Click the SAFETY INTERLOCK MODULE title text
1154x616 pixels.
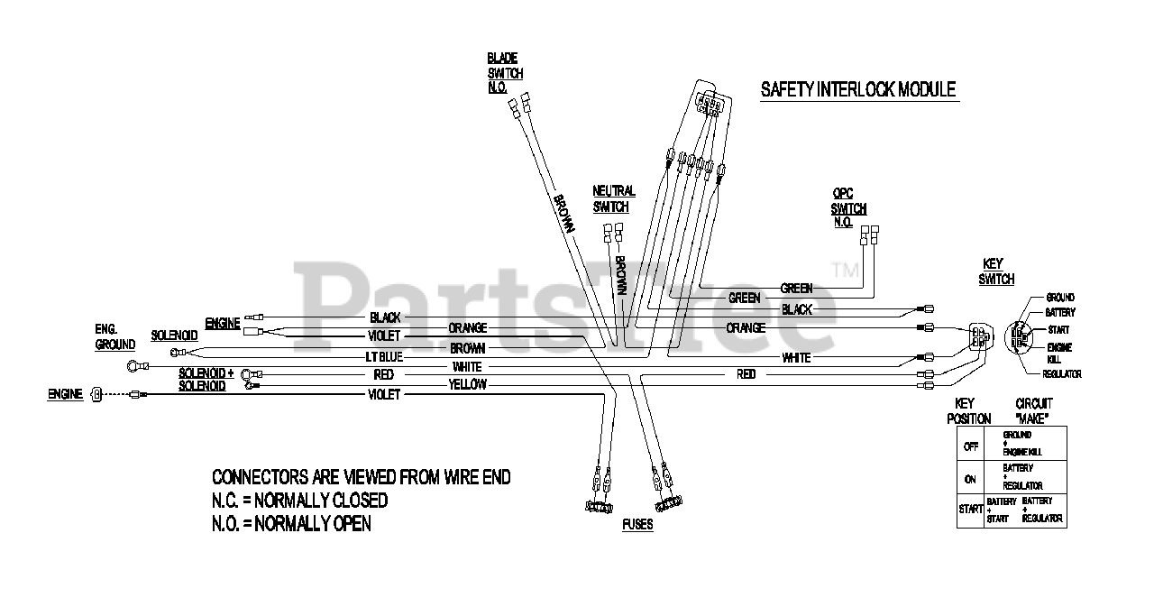pyautogui.click(x=857, y=89)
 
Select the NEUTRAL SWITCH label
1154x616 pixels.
pyautogui.click(x=614, y=198)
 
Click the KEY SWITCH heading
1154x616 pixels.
pyautogui.click(x=997, y=271)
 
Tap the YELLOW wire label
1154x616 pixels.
pyautogui.click(x=467, y=385)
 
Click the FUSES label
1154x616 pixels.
pyautogui.click(x=637, y=525)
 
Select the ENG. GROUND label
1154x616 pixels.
pyautogui.click(x=114, y=337)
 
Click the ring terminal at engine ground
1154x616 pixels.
pyautogui.click(x=135, y=366)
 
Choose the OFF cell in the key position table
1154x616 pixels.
pyautogui.click(x=970, y=446)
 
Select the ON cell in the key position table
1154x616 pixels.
pyautogui.click(x=970, y=479)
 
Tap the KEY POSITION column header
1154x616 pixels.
pyautogui.click(x=968, y=411)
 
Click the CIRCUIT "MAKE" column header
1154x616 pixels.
pyautogui.click(x=1033, y=411)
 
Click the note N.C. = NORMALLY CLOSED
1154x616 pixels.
pyautogui.click(x=299, y=500)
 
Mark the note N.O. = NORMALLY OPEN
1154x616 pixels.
pyautogui.click(x=290, y=523)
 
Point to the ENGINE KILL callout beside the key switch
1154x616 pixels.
pyautogui.click(x=1060, y=353)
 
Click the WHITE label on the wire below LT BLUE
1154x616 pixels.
pyautogui.click(x=467, y=367)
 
